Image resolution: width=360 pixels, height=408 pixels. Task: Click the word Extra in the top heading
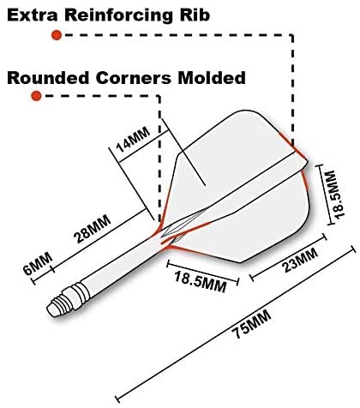32,15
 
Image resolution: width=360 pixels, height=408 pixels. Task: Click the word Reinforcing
119,15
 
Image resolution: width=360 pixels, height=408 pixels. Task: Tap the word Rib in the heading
195,15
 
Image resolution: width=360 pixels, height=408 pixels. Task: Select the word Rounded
48,78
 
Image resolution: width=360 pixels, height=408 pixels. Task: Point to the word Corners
134,78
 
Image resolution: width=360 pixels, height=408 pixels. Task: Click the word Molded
212,78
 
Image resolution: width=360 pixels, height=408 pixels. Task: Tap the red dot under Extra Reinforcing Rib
57,35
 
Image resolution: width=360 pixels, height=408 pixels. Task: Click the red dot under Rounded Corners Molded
36,96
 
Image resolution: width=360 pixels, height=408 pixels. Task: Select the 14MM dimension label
133,140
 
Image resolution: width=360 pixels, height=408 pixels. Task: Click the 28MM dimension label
92,229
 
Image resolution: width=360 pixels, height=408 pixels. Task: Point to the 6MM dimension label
38,263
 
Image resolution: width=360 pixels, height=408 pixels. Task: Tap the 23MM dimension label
300,260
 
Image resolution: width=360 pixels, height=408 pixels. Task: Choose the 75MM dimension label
251,323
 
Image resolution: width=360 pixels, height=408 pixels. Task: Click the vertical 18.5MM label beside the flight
335,195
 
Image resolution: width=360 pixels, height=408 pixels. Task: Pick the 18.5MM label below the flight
201,282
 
